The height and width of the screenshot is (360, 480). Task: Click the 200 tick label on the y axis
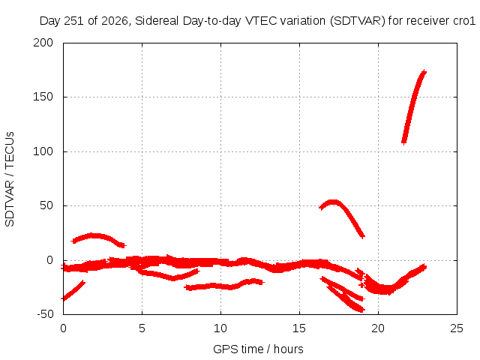pyautogui.click(x=43, y=43)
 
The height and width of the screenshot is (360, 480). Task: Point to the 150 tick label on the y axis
pyautogui.click(x=43, y=97)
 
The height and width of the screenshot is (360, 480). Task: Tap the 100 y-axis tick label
pyautogui.click(x=43, y=151)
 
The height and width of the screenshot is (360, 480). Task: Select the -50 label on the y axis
pyautogui.click(x=45, y=314)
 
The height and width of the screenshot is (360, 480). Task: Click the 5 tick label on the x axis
pyautogui.click(x=142, y=328)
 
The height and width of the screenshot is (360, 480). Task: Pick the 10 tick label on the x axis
pyautogui.click(x=220, y=328)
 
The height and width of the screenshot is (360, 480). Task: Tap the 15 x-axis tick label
pyautogui.click(x=299, y=328)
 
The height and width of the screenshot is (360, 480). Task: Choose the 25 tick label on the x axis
pyautogui.click(x=457, y=328)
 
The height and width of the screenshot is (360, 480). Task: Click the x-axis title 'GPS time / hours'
pyautogui.click(x=258, y=349)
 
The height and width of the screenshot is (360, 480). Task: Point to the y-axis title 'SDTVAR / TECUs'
pyautogui.click(x=10, y=179)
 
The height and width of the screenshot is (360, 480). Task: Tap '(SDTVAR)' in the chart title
pyautogui.click(x=358, y=21)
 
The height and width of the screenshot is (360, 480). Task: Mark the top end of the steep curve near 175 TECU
pyautogui.click(x=424, y=72)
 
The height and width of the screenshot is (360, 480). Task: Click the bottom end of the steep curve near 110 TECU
pyautogui.click(x=404, y=142)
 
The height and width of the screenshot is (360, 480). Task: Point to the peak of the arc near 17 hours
pyautogui.click(x=332, y=202)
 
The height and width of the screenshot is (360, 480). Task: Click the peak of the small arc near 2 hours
pyautogui.click(x=91, y=235)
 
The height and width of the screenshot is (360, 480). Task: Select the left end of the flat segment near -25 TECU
pyautogui.click(x=186, y=287)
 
